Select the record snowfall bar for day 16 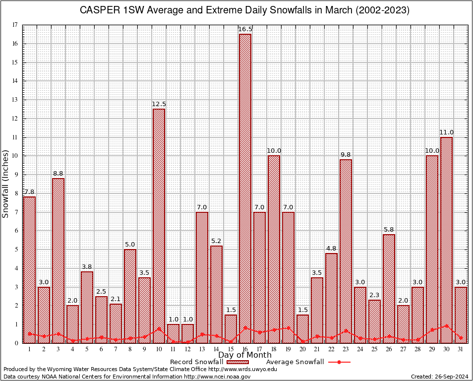click(245, 189)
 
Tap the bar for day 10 click(159, 226)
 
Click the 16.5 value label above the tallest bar click(245, 29)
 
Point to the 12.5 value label click(159, 104)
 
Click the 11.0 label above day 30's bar click(446, 132)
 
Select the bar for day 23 click(346, 251)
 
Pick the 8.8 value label click(58, 174)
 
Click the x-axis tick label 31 click(461, 349)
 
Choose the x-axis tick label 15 click(231, 349)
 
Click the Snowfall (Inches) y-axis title click(6, 184)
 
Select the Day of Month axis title click(245, 355)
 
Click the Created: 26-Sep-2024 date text click(440, 377)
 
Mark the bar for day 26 click(389, 288)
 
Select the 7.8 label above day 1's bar click(29, 192)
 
